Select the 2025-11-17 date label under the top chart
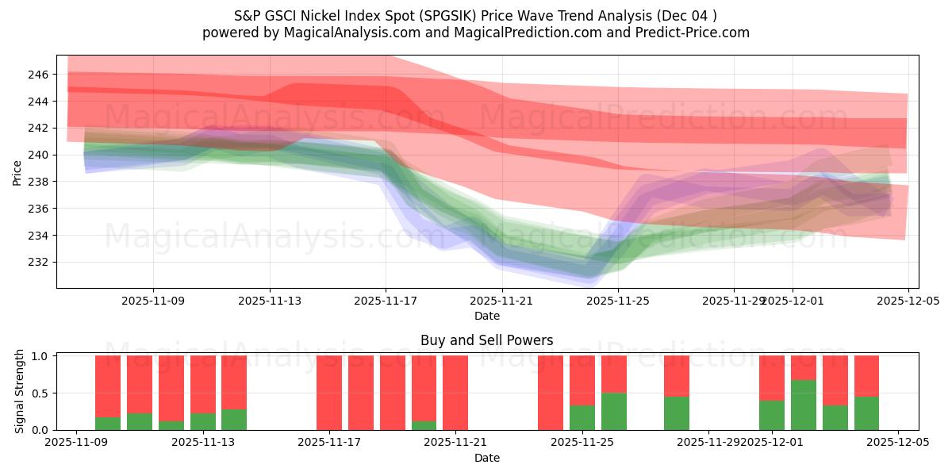(386, 301)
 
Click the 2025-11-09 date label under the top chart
(153, 301)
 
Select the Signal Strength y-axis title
(20, 392)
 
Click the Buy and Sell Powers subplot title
(486, 340)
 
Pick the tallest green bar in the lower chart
(804, 405)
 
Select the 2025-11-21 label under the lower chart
(456, 443)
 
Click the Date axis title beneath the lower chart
(486, 458)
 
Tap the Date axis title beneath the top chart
(486, 316)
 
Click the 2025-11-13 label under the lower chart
(203, 443)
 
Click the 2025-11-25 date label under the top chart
(618, 301)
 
